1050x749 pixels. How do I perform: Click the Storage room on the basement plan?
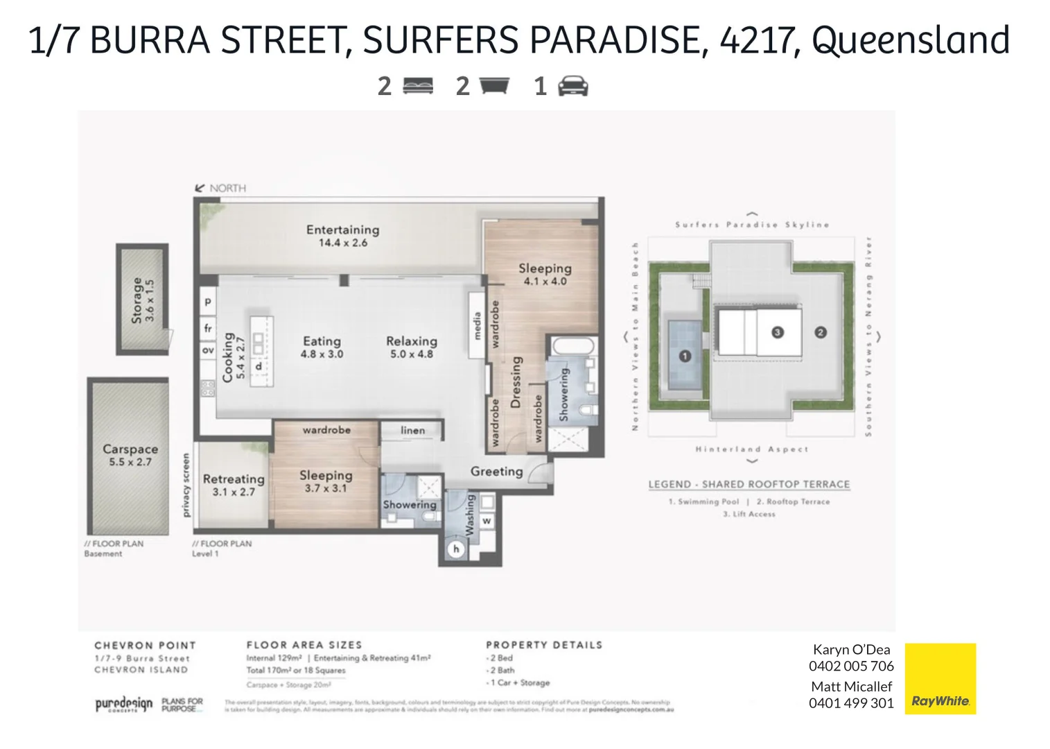pyautogui.click(x=142, y=299)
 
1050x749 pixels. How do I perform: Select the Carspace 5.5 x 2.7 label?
pyautogui.click(x=130, y=455)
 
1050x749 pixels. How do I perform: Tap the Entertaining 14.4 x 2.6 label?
pyautogui.click(x=342, y=236)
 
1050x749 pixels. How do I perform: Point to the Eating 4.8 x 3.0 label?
pyautogui.click(x=322, y=347)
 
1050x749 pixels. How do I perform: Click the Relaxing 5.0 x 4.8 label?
pyautogui.click(x=412, y=347)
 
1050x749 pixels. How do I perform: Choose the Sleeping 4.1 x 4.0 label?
pyautogui.click(x=545, y=274)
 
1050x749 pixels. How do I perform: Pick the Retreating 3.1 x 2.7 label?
pyautogui.click(x=234, y=485)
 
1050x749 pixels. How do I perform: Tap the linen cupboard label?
pyautogui.click(x=412, y=431)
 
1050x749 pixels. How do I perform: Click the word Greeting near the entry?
pyautogui.click(x=496, y=472)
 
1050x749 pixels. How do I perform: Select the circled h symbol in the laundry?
pyautogui.click(x=456, y=549)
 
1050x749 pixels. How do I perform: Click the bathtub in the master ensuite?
pyautogui.click(x=572, y=346)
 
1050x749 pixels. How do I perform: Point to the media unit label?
pyautogui.click(x=477, y=326)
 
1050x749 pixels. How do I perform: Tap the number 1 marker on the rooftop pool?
pyautogui.click(x=685, y=356)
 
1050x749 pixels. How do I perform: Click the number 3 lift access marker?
pyautogui.click(x=777, y=332)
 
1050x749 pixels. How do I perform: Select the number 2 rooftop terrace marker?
pyautogui.click(x=821, y=332)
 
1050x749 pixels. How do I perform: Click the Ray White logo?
pyautogui.click(x=940, y=679)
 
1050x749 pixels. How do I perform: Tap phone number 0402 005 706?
pyautogui.click(x=851, y=666)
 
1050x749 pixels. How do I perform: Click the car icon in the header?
pyautogui.click(x=572, y=86)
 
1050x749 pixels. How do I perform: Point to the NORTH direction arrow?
pyautogui.click(x=200, y=188)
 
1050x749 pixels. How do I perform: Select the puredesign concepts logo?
pyautogui.click(x=123, y=705)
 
